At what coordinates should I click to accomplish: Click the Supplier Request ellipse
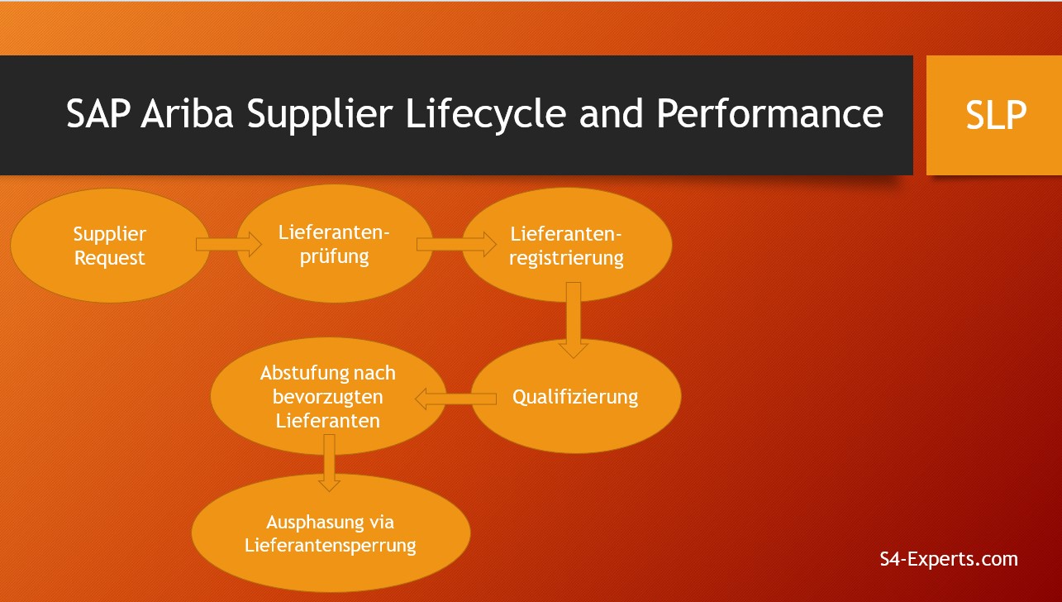click(x=109, y=246)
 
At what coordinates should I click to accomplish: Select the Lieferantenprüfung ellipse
click(x=334, y=245)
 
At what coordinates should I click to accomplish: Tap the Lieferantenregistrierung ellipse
click(x=566, y=245)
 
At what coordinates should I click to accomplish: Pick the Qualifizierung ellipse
click(x=575, y=396)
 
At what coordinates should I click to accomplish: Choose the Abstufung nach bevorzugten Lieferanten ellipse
click(x=328, y=396)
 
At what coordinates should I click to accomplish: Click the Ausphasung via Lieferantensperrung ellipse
click(x=331, y=533)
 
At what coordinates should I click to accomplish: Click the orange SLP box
click(x=993, y=115)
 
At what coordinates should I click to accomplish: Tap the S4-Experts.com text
click(x=949, y=559)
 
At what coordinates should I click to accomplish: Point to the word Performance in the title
click(x=769, y=114)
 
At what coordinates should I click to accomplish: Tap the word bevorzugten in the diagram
click(x=326, y=397)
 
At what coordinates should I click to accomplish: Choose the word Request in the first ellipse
click(x=110, y=258)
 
